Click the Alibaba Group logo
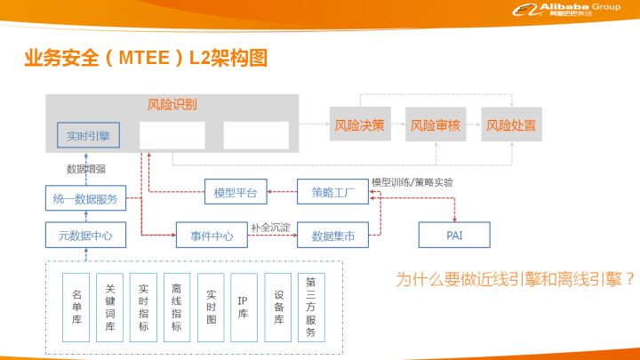[x=566, y=10]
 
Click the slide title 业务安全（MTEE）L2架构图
[x=146, y=58]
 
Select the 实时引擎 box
[x=88, y=135]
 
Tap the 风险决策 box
[x=360, y=124]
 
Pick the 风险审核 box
[x=436, y=124]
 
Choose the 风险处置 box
[x=511, y=124]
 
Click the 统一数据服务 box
[x=85, y=198]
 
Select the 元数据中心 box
[x=85, y=235]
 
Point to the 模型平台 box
[x=236, y=192]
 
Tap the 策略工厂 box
[x=332, y=192]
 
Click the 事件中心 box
[x=212, y=235]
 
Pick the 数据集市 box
[x=332, y=235]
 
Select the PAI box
[x=454, y=235]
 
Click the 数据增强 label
[x=86, y=169]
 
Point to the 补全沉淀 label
[x=270, y=228]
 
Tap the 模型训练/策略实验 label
[x=412, y=182]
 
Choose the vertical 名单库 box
[x=76, y=308]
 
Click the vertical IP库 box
[x=244, y=308]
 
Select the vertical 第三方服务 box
[x=311, y=308]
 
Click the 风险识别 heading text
[x=172, y=105]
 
